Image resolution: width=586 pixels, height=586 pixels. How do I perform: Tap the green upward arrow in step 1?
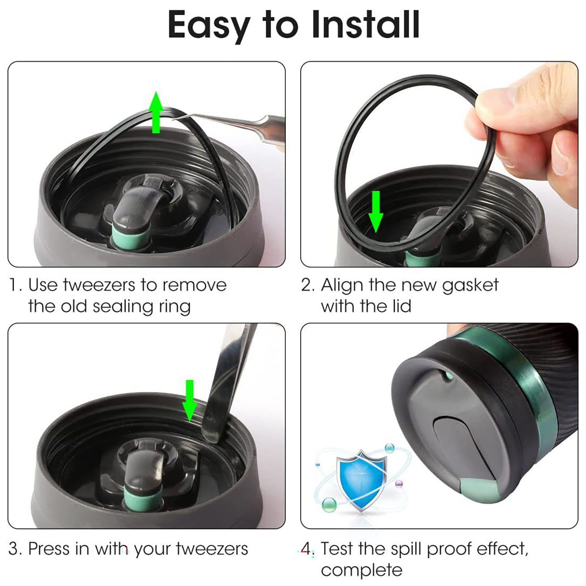[x=156, y=112]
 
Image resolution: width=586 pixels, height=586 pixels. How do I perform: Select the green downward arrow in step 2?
[x=376, y=212]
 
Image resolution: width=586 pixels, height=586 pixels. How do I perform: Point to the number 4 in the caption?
[x=306, y=549]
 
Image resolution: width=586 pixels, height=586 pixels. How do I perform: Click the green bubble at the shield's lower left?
[x=329, y=505]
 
